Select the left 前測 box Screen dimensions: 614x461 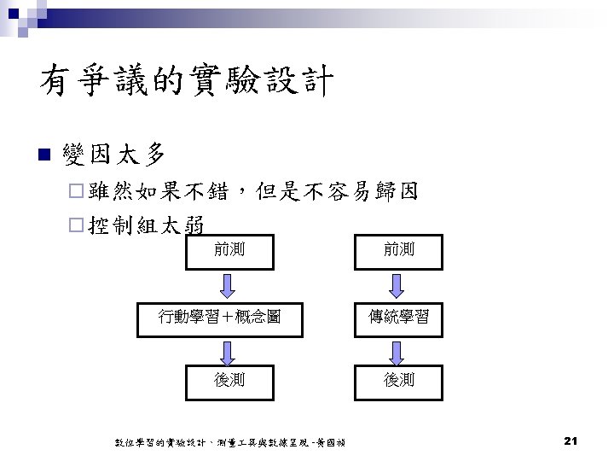229,249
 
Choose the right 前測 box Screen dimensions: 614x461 399,249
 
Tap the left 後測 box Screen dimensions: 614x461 229,379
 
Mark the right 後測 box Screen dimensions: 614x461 399,379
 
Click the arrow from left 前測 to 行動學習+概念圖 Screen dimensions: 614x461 229,283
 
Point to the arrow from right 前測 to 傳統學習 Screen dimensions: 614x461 398,283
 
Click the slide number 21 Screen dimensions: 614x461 571,441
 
